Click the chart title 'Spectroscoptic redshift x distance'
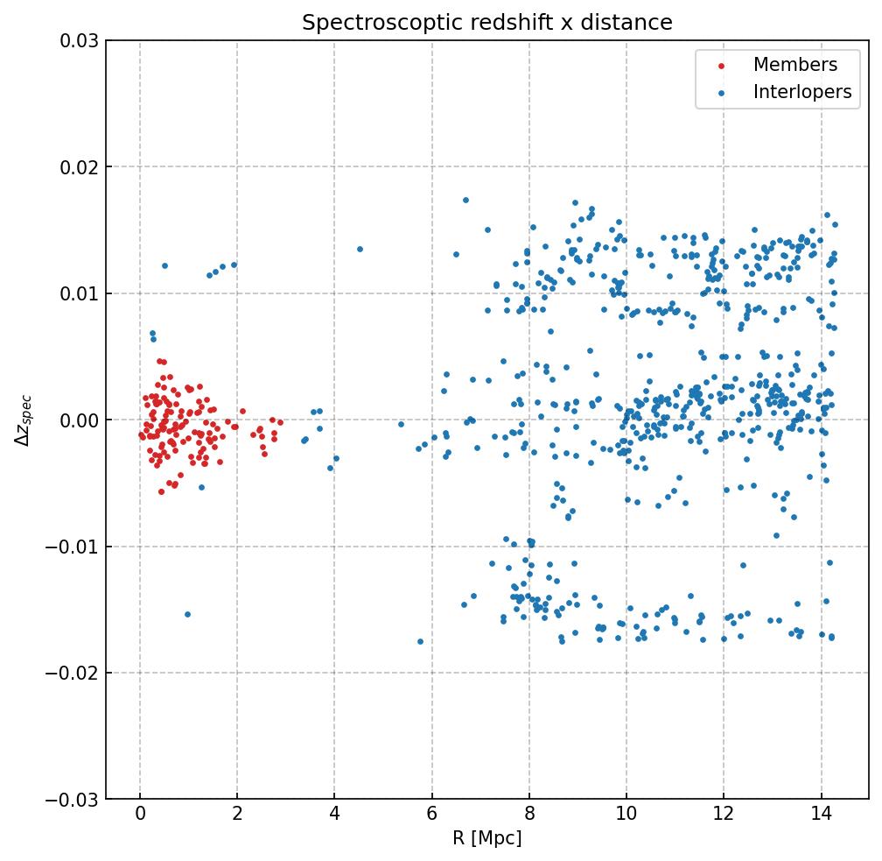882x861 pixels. [487, 23]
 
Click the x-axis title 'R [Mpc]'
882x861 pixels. [487, 838]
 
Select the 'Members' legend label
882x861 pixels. [795, 65]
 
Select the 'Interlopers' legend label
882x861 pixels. [802, 92]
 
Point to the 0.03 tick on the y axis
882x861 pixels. [79, 40]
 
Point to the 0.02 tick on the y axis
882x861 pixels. [79, 167]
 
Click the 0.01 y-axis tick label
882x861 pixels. [79, 293]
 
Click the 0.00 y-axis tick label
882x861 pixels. [79, 420]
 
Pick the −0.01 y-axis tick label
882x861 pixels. [73, 547]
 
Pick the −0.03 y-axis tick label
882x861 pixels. [73, 800]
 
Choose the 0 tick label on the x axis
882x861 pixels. [140, 816]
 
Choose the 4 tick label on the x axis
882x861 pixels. [334, 816]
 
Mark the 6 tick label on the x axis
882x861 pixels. [431, 816]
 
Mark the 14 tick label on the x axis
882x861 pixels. [821, 816]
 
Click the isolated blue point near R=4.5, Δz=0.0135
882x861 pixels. [360, 249]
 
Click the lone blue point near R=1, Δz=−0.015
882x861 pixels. [187, 614]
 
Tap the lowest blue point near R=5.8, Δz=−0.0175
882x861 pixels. [420, 641]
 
